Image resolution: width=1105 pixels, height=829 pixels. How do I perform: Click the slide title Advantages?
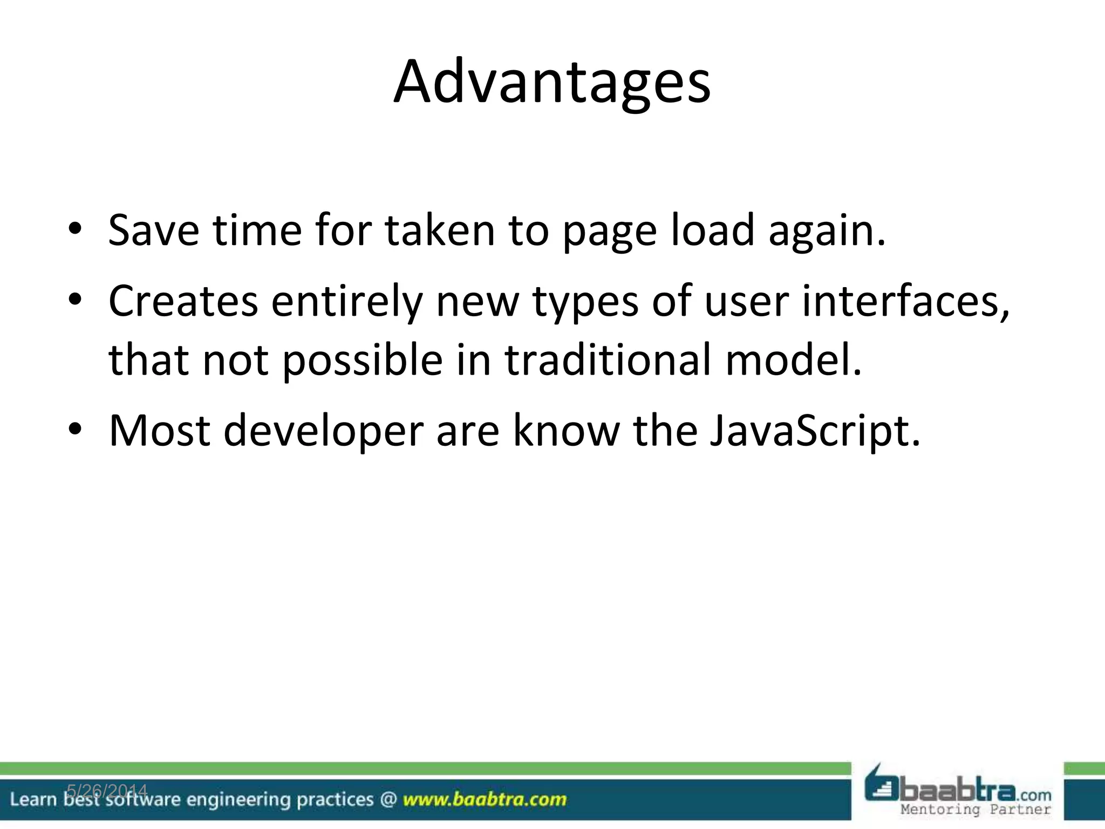(x=552, y=83)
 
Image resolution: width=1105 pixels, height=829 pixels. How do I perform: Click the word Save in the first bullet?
(x=153, y=230)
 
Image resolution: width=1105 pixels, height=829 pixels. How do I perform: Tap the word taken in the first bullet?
(x=440, y=230)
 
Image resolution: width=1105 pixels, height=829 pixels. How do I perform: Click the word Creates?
(x=183, y=301)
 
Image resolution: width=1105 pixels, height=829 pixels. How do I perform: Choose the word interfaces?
(x=905, y=301)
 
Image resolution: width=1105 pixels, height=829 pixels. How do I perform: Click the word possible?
(x=362, y=361)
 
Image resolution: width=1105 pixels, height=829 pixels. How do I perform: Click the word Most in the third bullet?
(x=160, y=431)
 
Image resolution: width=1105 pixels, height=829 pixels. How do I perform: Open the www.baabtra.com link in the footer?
(x=485, y=799)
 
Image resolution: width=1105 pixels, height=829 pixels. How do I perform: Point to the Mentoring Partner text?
(x=976, y=810)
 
